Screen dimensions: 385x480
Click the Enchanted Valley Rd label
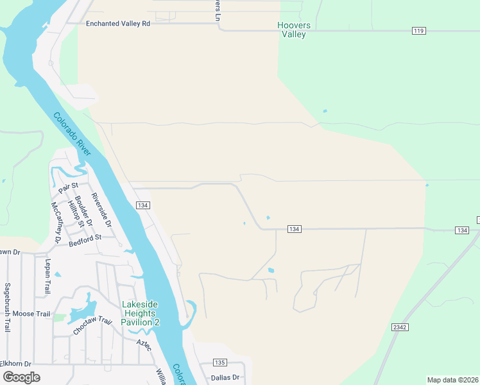[x=118, y=23]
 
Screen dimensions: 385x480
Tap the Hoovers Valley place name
[x=293, y=30]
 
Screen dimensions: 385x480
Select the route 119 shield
[x=419, y=31]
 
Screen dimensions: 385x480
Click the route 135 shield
[x=220, y=363]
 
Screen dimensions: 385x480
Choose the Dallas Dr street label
[x=225, y=378]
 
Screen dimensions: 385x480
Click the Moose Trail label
[x=31, y=314]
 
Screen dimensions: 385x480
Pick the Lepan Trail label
[x=47, y=277]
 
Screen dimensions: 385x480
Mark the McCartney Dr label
[x=56, y=223]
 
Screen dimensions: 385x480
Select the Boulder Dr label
[x=84, y=210]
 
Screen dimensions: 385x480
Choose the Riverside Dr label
[x=101, y=210]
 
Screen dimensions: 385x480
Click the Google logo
[x=21, y=377]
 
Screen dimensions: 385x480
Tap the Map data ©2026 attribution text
[x=452, y=380]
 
